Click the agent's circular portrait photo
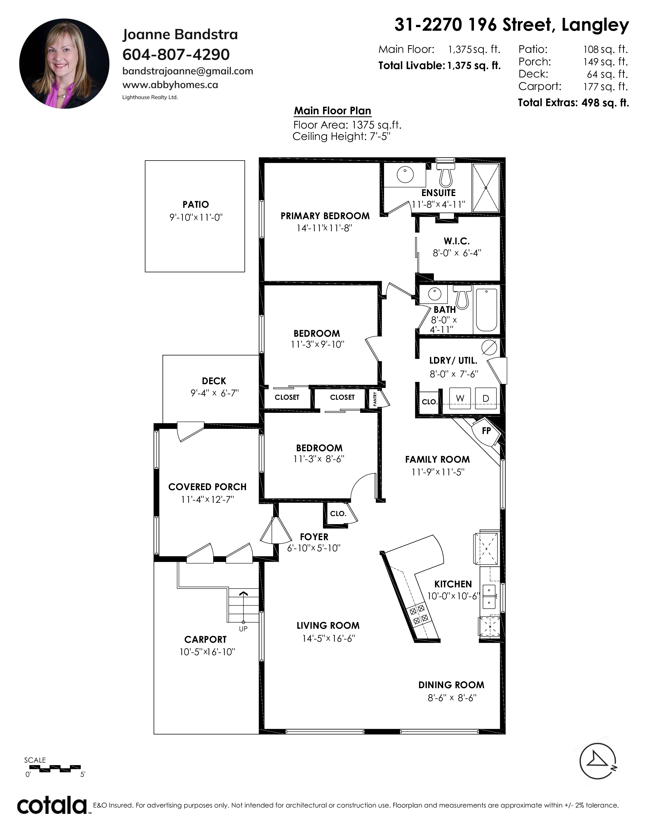(x=64, y=64)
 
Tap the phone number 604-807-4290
(x=176, y=55)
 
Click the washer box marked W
(x=460, y=398)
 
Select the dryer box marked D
(x=486, y=398)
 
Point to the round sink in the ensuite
(x=405, y=175)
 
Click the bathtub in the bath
(x=486, y=310)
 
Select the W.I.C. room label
(x=456, y=241)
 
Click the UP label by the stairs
(x=243, y=629)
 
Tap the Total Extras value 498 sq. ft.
(x=605, y=103)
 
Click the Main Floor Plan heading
(x=332, y=111)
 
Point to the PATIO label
(x=196, y=204)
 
